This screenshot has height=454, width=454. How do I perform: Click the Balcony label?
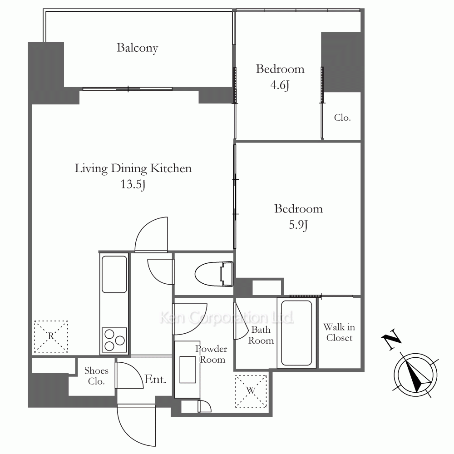137,48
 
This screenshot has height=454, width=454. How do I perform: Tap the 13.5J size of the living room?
133,184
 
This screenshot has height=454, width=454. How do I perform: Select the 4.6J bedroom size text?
280,85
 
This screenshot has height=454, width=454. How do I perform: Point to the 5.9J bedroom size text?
298,225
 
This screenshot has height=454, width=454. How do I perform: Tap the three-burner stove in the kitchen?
114,340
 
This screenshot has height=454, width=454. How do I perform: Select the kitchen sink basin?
114,274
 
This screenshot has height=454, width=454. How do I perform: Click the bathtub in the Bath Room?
296,333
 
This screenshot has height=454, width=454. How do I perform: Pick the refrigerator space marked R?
51,336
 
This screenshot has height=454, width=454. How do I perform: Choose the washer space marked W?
251,391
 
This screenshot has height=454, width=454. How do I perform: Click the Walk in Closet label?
339,332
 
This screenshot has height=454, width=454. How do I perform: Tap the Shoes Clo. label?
96,376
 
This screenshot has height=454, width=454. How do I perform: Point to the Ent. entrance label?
155,379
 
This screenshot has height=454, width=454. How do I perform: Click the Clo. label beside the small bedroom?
342,118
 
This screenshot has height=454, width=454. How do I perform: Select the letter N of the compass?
391,340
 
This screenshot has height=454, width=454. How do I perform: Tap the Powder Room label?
212,354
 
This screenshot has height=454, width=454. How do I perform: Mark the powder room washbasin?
188,370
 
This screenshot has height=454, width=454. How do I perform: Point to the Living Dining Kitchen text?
133,169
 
